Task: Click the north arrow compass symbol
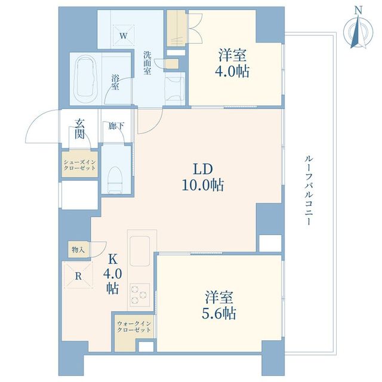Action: pos(358,31)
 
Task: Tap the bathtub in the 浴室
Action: pos(85,79)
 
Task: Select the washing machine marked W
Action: pos(124,36)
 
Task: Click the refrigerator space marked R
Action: pos(78,276)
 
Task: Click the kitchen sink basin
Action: pos(140,251)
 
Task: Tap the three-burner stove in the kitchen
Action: pos(140,295)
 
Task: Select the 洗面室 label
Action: pos(147,63)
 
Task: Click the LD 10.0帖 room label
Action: pos(203,177)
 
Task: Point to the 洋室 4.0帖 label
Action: pos(232,63)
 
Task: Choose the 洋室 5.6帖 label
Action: pos(219,305)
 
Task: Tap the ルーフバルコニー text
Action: pos(308,190)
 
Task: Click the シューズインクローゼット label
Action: pos(79,165)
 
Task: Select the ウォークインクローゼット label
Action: pos(134,326)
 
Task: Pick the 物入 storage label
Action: pos(78,249)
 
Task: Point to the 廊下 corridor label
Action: pos(116,126)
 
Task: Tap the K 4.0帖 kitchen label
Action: pos(112,274)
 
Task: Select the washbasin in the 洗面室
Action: pos(174,90)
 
